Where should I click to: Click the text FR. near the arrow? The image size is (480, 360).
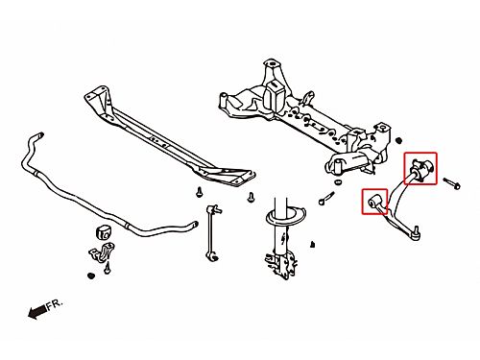tap(55, 304)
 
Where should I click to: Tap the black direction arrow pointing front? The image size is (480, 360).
tap(37, 312)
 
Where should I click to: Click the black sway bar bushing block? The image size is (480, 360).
tap(103, 232)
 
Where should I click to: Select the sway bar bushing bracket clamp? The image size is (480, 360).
tap(101, 252)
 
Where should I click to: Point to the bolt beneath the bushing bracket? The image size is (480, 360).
tap(108, 268)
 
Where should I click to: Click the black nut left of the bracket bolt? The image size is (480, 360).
tap(91, 276)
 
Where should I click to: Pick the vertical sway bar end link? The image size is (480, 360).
tap(212, 232)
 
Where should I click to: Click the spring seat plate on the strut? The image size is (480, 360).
tap(285, 217)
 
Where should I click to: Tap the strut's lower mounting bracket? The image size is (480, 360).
tap(281, 263)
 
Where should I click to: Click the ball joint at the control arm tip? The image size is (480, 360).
tap(416, 232)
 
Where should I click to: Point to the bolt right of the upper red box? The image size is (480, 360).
tap(451, 183)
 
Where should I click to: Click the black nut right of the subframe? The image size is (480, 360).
tap(398, 140)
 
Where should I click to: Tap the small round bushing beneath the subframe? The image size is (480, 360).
tap(338, 182)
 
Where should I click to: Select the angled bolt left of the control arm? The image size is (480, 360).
tap(326, 198)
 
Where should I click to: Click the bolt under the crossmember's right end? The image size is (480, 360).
tap(252, 197)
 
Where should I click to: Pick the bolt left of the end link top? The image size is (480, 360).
tap(199, 192)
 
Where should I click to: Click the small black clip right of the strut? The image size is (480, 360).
tap(312, 245)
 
